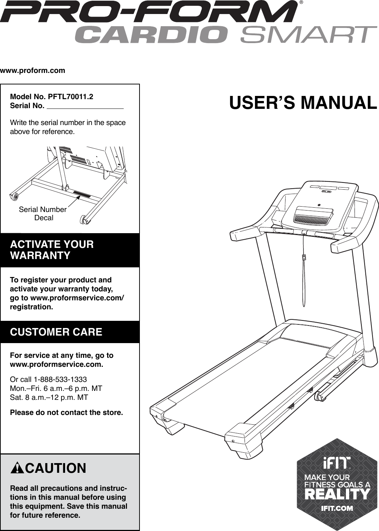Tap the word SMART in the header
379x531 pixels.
point(309,35)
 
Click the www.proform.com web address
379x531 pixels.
point(33,70)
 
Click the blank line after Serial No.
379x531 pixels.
point(85,107)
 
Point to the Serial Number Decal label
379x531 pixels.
point(43,213)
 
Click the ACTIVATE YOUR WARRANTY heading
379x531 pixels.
point(52,250)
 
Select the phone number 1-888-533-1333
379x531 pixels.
point(60,379)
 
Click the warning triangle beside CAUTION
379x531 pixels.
point(17,468)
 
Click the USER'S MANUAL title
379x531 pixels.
point(303,102)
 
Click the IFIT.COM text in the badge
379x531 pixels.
point(337,508)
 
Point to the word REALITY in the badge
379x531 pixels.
point(337,494)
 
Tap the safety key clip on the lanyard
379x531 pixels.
point(304,257)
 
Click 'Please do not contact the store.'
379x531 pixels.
point(67,412)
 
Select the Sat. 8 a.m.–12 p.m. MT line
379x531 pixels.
point(49,397)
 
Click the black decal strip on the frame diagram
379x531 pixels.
point(82,195)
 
